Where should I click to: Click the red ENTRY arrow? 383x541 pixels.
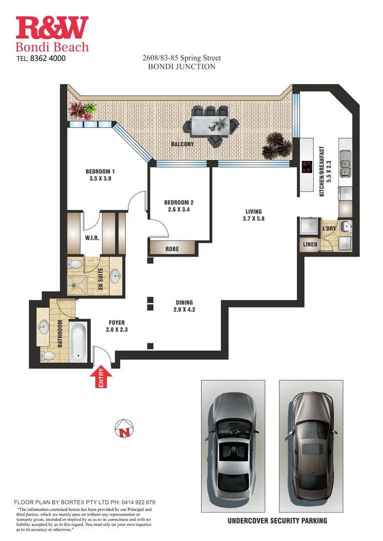(100, 379)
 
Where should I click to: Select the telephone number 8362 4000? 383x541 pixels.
(48, 58)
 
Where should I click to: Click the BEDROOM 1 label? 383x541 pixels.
(100, 171)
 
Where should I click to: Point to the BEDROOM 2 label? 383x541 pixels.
(178, 202)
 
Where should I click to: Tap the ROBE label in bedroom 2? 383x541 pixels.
(172, 248)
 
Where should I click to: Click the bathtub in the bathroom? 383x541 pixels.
(79, 342)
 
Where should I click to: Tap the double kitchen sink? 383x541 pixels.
(345, 167)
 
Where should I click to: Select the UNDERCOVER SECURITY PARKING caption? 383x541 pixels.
(277, 520)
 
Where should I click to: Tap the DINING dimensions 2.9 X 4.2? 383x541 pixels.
(184, 310)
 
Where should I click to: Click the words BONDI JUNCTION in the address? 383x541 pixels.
(181, 66)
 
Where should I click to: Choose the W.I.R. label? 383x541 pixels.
(92, 238)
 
